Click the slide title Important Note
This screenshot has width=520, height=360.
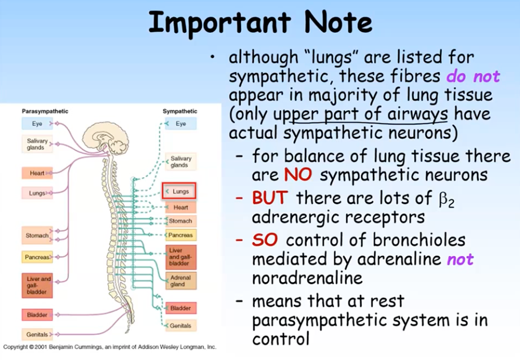pos(260,23)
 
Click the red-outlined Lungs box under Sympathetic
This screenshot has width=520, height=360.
pos(179,191)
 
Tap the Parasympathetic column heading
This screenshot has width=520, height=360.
pos(45,111)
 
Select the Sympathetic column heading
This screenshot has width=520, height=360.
pos(180,111)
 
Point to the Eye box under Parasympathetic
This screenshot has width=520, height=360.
pos(37,123)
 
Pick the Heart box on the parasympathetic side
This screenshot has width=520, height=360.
pos(37,173)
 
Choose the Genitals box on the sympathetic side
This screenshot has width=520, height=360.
pos(181,326)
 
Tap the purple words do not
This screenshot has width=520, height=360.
pos(473,76)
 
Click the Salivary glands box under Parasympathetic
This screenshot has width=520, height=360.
pos(37,143)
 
